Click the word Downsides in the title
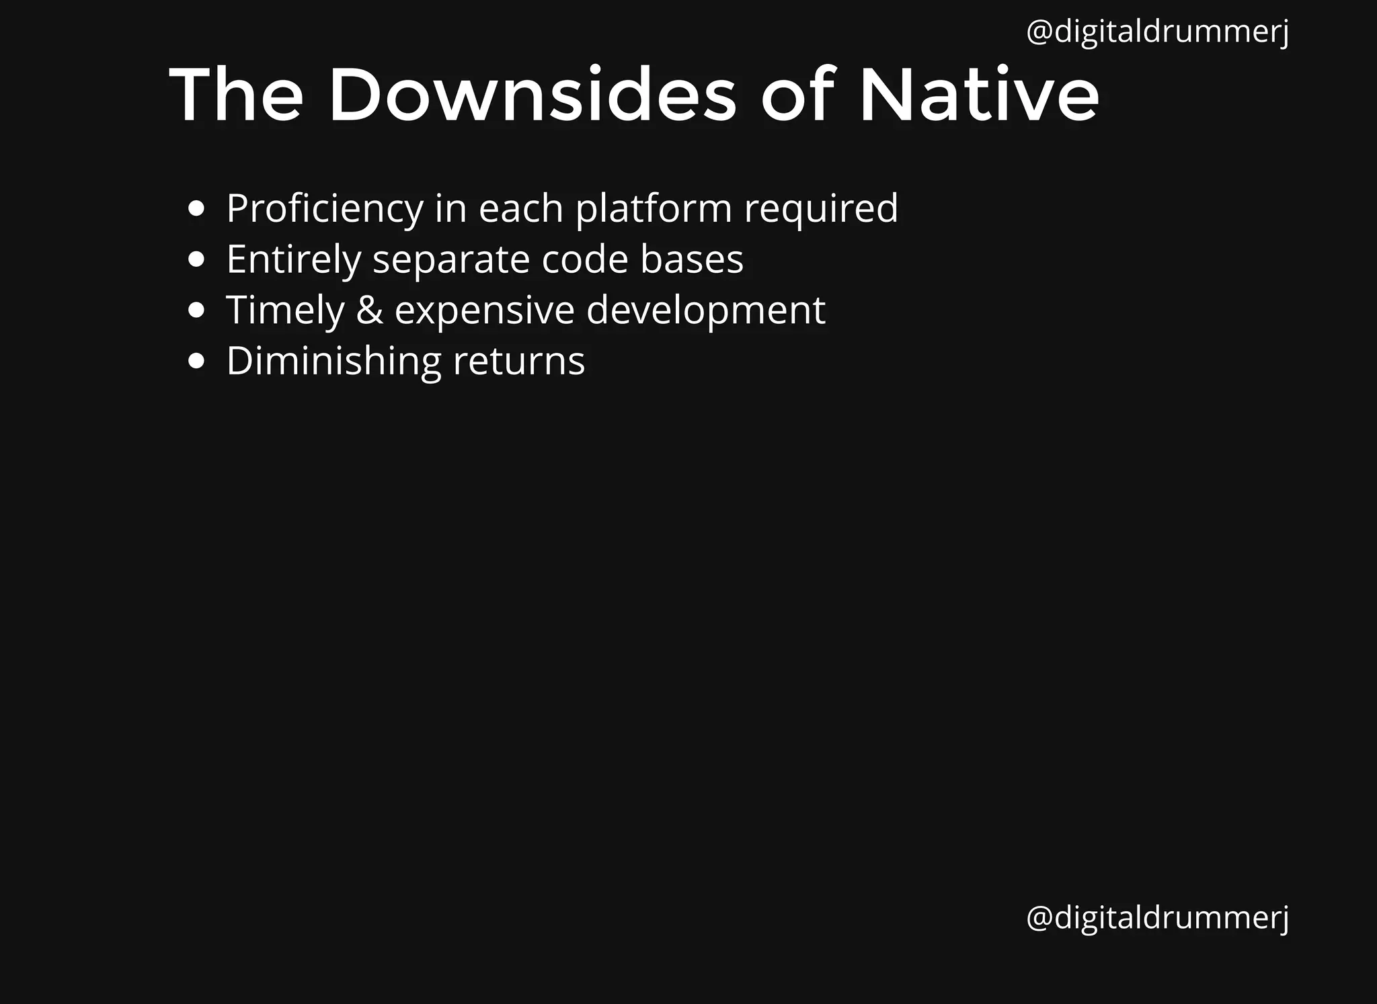(x=533, y=95)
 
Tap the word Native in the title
(x=979, y=95)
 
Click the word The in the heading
(x=236, y=95)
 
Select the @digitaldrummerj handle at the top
(x=1157, y=32)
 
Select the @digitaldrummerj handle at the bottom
(x=1157, y=917)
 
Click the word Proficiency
(x=325, y=209)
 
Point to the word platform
(x=654, y=209)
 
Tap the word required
(x=821, y=209)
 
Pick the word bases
(x=692, y=259)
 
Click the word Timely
(x=285, y=310)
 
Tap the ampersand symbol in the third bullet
(x=369, y=310)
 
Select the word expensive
(x=484, y=310)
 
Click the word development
(x=705, y=310)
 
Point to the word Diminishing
(x=333, y=362)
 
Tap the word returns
(x=519, y=362)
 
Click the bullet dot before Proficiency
(x=196, y=209)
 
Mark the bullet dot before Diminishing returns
(x=196, y=362)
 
